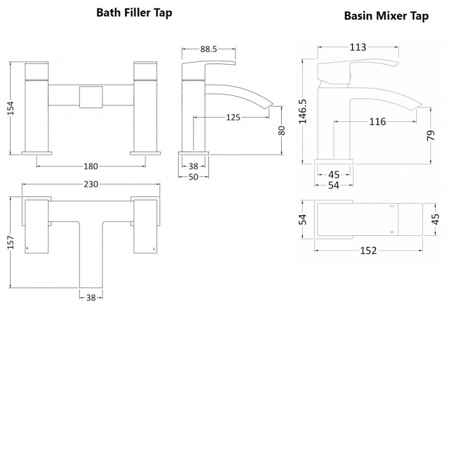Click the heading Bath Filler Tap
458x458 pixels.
coord(134,13)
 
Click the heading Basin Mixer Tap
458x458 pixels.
coord(386,15)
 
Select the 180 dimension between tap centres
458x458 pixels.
coord(91,167)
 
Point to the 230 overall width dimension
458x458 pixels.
coord(91,184)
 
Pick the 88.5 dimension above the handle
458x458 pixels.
coord(208,50)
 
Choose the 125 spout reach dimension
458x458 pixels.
coord(233,117)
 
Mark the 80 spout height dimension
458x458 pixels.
coord(281,130)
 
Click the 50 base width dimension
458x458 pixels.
coord(194,177)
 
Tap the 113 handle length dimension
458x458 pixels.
coord(357,48)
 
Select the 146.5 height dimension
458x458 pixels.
coord(303,110)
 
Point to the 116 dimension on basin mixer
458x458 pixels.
coord(377,121)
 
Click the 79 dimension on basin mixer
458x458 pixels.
coord(431,135)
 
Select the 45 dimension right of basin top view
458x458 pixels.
coord(436,219)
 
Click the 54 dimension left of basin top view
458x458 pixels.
coord(303,219)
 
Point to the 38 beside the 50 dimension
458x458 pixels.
coord(194,166)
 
